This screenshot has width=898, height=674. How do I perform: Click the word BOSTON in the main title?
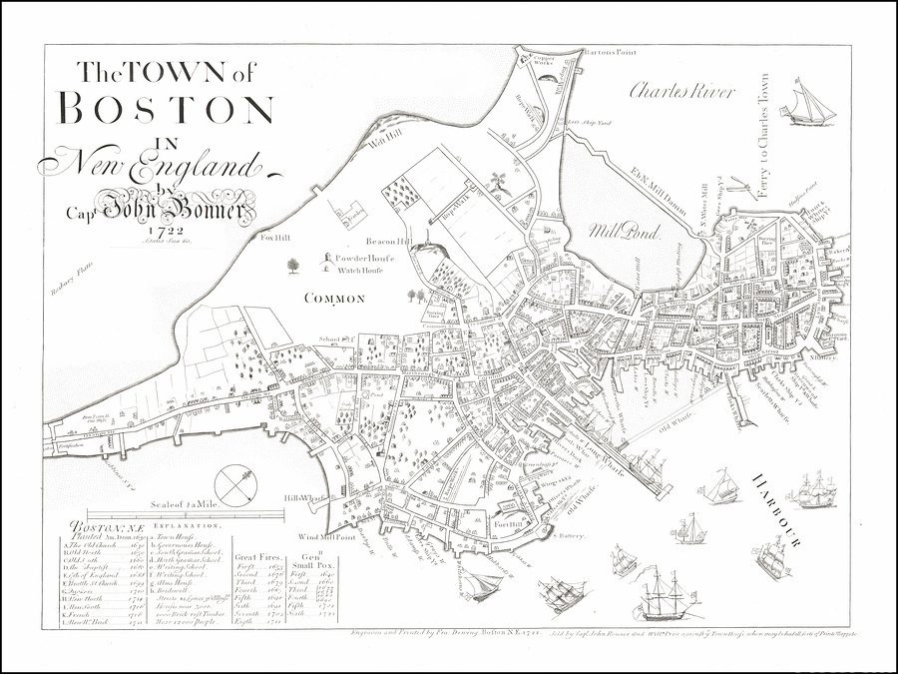click(x=167, y=108)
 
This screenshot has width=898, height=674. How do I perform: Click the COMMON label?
click(x=335, y=298)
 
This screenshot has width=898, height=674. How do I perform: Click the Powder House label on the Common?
click(x=364, y=258)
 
